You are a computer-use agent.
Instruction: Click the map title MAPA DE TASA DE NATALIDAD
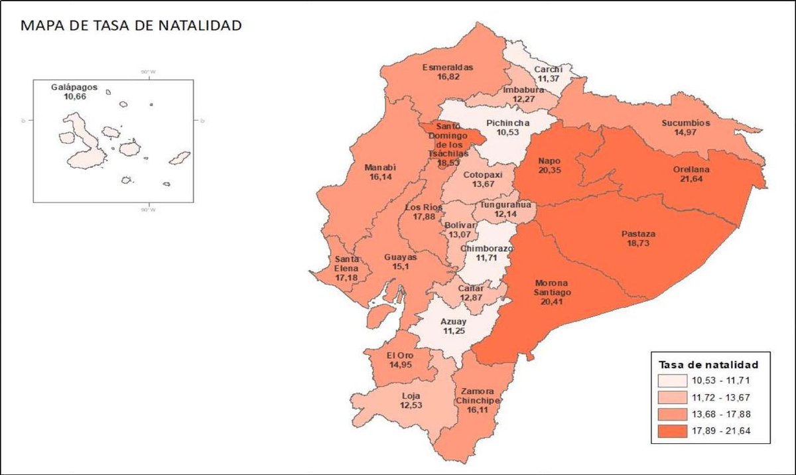131,27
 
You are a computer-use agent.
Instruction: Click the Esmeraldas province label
447,67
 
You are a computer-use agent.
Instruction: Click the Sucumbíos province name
686,123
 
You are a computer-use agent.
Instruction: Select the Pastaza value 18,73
639,244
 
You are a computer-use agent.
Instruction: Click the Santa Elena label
347,263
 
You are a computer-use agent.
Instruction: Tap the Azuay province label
454,322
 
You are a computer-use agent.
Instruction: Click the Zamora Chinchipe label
477,396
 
